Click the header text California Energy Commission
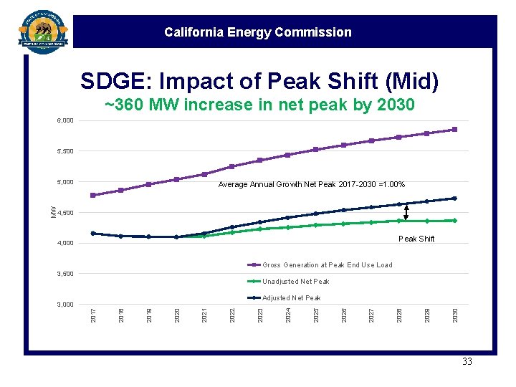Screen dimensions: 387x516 click(257, 32)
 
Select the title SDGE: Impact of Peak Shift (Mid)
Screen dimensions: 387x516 click(259, 82)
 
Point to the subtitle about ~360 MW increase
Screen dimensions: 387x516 click(259, 105)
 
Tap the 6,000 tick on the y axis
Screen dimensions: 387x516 click(64, 120)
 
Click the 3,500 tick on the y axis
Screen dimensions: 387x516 click(64, 274)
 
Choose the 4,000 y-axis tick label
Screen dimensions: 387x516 click(64, 243)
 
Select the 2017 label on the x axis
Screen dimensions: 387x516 click(93, 315)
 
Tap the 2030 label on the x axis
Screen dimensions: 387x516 click(454, 315)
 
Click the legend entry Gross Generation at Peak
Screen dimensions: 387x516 click(327, 265)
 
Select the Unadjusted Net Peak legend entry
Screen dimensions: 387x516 click(295, 282)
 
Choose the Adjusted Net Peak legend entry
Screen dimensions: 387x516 click(291, 298)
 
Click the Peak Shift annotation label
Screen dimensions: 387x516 click(416, 239)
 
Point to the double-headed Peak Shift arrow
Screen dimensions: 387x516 click(406, 212)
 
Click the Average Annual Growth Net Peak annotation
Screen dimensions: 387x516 click(311, 185)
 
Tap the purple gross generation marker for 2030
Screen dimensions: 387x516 click(454, 130)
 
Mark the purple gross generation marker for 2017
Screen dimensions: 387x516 click(93, 196)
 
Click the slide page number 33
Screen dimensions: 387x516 click(467, 362)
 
